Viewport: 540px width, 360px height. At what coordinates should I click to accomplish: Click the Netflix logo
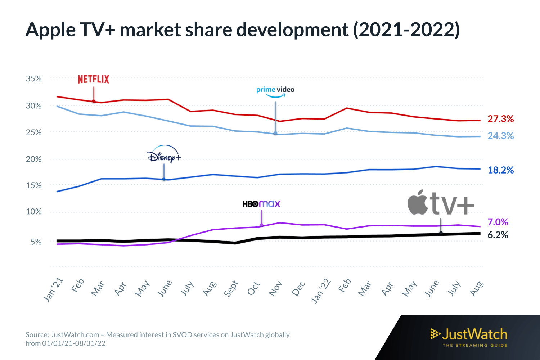[94, 80]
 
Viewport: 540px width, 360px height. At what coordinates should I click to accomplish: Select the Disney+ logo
[164, 155]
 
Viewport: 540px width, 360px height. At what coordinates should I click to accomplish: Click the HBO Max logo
[261, 204]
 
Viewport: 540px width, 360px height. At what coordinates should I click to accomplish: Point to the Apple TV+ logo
[441, 203]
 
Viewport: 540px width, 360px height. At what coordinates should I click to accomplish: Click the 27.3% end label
[500, 119]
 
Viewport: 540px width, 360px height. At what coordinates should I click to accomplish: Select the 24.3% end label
[500, 136]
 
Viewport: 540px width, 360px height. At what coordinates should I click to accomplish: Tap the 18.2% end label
[500, 170]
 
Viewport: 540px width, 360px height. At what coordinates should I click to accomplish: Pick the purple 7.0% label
[498, 222]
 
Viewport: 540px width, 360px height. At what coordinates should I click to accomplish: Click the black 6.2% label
[498, 235]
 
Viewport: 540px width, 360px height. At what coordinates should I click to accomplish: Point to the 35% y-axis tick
[33, 78]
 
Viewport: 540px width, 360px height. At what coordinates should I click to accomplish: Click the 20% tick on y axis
[33, 159]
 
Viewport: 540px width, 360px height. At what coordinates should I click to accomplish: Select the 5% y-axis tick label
[36, 242]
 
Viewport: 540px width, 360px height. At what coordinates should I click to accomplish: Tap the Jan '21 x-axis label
[53, 290]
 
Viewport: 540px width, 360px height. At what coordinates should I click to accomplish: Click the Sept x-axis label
[231, 289]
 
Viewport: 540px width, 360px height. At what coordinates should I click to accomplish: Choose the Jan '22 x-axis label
[321, 291]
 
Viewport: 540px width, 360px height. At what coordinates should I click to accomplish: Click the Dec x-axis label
[298, 289]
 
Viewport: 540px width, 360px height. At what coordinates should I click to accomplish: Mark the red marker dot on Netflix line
[94, 101]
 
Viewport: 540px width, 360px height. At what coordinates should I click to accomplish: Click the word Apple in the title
[50, 30]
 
